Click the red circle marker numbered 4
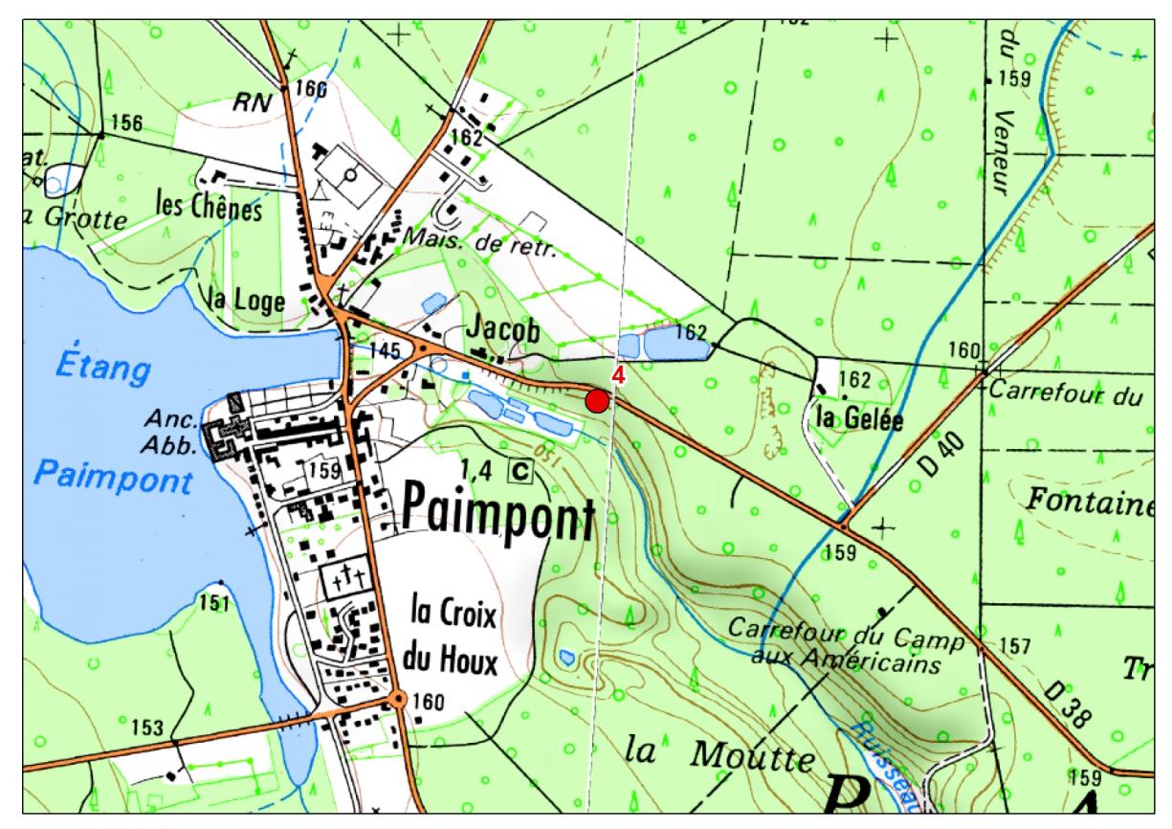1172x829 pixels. (x=597, y=401)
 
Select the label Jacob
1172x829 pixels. (x=503, y=328)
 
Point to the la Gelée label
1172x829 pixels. (x=860, y=417)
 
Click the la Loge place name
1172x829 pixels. (x=248, y=302)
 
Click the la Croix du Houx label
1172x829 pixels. (x=453, y=633)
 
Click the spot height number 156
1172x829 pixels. (x=125, y=123)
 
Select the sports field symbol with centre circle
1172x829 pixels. (x=350, y=177)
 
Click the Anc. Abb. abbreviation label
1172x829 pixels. (x=172, y=433)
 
